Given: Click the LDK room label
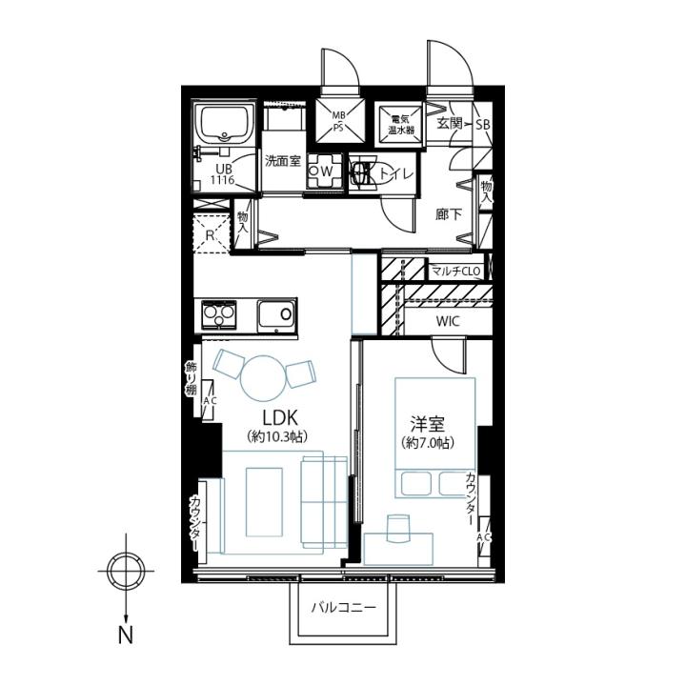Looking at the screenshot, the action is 280,417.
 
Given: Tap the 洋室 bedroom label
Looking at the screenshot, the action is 428,424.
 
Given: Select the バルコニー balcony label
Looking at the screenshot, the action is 343,608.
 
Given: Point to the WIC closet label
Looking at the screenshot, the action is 448,321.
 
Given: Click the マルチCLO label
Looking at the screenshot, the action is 455,272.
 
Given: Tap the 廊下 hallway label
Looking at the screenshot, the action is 449,214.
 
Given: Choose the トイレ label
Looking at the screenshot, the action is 395,173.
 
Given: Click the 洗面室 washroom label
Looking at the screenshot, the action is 283,161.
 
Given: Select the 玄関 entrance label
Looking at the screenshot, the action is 450,124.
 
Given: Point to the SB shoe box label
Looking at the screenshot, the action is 483,125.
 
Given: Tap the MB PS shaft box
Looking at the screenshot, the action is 340,120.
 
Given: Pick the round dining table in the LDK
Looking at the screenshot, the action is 263,377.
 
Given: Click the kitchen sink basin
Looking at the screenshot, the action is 275,315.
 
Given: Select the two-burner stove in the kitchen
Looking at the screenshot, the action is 218,314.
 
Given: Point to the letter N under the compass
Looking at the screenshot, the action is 126,635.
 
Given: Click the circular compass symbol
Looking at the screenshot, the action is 126,571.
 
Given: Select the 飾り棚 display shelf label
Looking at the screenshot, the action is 191,379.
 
